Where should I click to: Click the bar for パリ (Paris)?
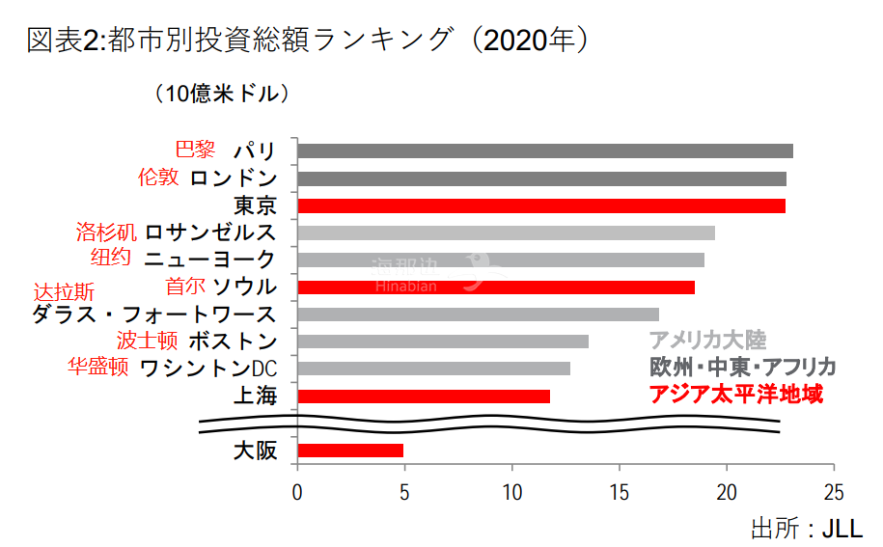(545, 150)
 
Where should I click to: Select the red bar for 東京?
(541, 205)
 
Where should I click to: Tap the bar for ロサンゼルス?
(506, 232)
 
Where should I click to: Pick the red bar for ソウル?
(496, 287)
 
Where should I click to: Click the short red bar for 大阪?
(350, 450)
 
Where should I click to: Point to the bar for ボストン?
(443, 341)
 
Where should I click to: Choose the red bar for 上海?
(424, 396)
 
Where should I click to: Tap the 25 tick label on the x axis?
(834, 490)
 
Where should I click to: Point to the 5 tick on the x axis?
(404, 490)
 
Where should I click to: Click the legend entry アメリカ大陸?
(707, 340)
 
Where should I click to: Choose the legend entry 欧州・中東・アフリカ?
(742, 368)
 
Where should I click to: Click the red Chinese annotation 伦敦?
(158, 178)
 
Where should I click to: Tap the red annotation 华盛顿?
(97, 368)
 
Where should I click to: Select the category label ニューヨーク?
(209, 259)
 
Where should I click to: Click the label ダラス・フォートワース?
(154, 314)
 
